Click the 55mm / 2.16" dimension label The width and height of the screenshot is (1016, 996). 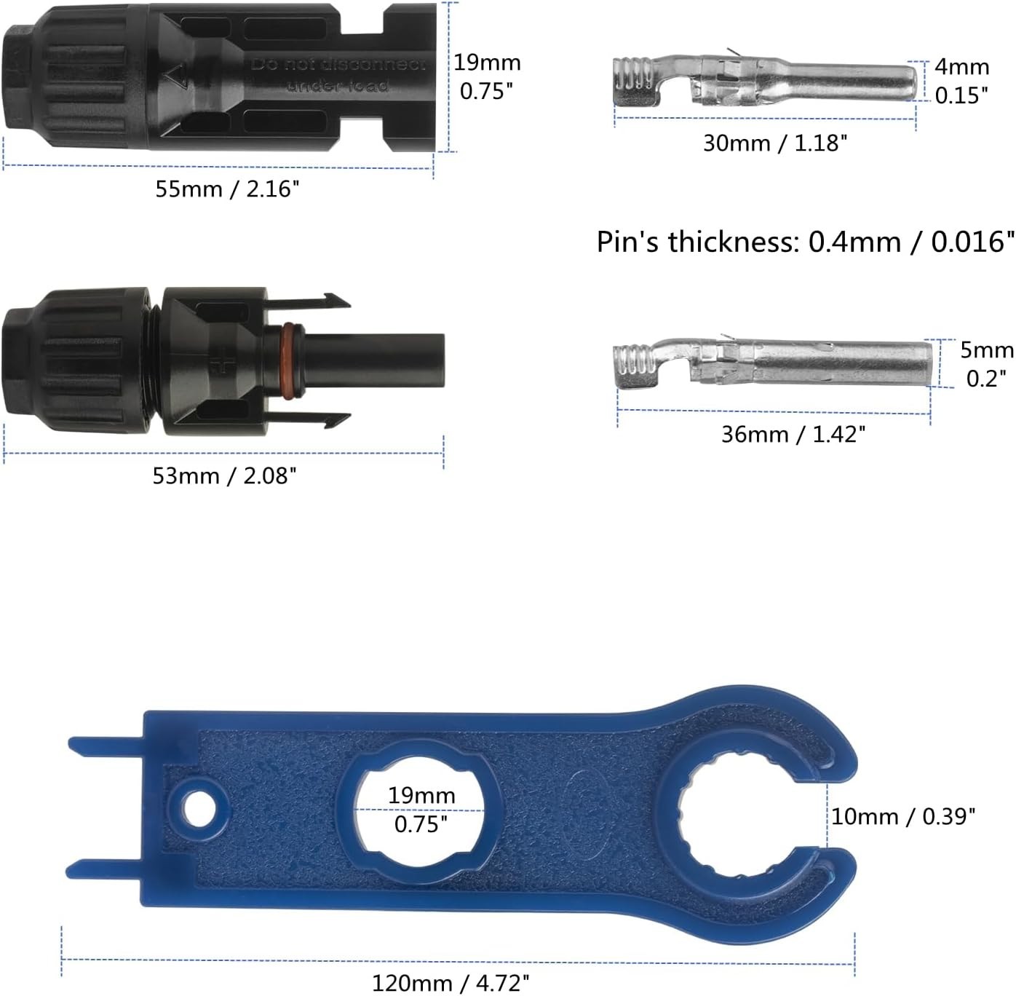point(227,189)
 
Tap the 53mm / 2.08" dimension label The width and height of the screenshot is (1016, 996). point(225,476)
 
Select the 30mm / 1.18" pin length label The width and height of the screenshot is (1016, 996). point(775,143)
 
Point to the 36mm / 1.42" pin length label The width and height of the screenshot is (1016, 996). point(793,435)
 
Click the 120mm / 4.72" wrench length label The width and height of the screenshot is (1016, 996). point(451,984)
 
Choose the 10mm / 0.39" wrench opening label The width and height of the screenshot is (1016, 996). point(903,816)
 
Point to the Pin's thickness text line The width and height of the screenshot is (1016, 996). point(806,242)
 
